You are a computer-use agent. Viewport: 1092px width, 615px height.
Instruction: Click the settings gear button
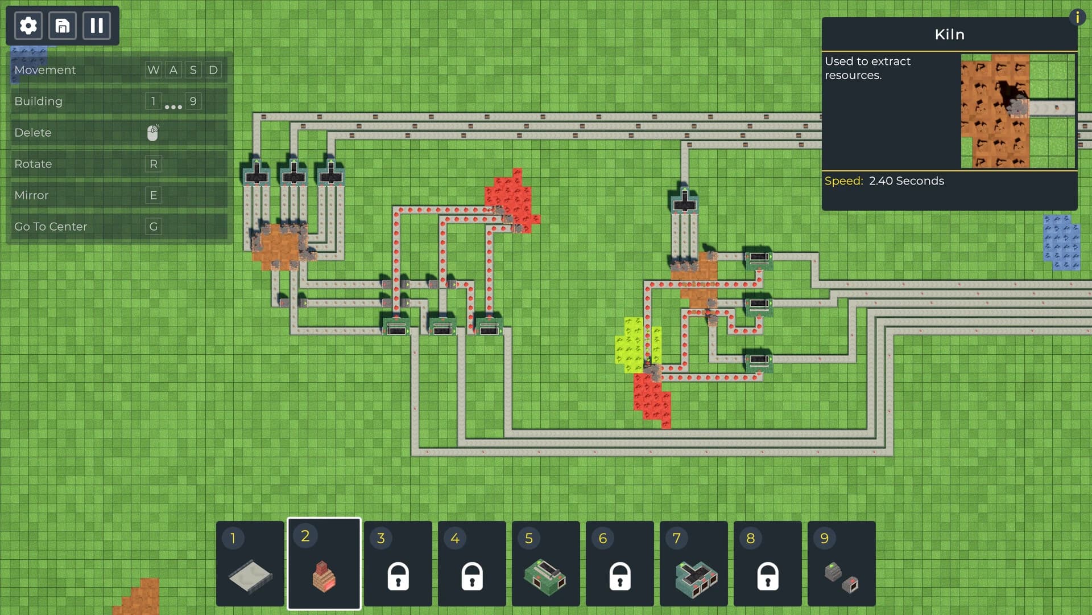coord(28,26)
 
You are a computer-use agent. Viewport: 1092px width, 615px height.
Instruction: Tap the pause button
coord(97,26)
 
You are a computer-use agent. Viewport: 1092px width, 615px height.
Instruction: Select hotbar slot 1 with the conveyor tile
coord(250,564)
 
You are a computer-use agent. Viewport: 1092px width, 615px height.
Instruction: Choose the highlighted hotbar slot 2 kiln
coord(324,564)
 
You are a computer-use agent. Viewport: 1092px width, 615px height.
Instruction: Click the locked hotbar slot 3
coord(398,564)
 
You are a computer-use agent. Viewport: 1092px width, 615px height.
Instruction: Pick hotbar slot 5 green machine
coord(546,564)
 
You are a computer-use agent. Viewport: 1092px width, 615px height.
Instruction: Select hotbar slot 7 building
coord(694,564)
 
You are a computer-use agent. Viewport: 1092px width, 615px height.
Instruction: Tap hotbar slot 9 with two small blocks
coord(842,564)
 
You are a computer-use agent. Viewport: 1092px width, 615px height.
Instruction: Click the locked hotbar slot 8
coord(768,564)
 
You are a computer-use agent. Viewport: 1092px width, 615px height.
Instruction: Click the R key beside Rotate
coord(154,164)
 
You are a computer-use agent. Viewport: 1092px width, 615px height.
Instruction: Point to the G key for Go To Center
coord(154,227)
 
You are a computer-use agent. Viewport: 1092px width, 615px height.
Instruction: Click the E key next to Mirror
coord(154,195)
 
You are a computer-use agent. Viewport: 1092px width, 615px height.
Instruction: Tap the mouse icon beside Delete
coord(153,133)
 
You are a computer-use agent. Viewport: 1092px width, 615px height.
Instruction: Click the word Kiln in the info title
coord(949,35)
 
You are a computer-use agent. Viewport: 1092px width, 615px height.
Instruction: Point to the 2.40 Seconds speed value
coord(906,181)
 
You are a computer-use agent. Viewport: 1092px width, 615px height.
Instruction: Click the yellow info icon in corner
coord(1077,17)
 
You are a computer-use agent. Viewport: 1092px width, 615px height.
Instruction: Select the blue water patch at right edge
coord(1061,242)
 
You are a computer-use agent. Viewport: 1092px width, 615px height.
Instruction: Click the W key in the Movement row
coord(154,70)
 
